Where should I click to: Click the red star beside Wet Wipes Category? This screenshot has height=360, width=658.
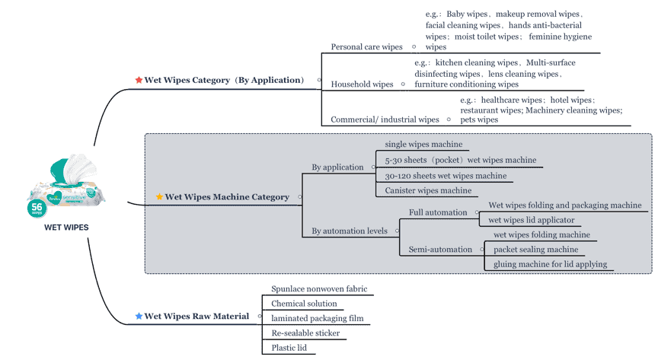tap(139, 80)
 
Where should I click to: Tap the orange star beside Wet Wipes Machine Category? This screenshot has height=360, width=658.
tap(159, 196)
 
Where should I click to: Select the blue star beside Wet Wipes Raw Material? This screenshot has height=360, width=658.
tap(139, 316)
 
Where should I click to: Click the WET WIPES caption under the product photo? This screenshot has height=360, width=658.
tap(66, 228)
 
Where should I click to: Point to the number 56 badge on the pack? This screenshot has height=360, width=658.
tap(37, 209)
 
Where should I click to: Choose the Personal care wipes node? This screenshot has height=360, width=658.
tap(366, 46)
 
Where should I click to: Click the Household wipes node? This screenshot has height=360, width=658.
tap(362, 84)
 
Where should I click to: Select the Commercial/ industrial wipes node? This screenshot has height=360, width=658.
tap(385, 119)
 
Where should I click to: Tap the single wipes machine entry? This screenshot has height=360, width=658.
tap(423, 144)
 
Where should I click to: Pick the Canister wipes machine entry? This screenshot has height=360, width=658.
tap(428, 190)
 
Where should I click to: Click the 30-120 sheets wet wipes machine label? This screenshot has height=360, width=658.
tap(446, 176)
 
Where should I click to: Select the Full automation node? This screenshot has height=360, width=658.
tap(438, 212)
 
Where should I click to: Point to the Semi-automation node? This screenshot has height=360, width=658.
tap(440, 249)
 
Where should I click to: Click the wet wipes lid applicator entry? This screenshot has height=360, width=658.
tap(532, 220)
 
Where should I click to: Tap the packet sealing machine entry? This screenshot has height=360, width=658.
tap(535, 249)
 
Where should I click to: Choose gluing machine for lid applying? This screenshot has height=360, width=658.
tap(550, 264)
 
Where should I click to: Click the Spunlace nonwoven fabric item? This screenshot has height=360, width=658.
tap(319, 288)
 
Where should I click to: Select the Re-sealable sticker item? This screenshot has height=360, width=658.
tap(305, 333)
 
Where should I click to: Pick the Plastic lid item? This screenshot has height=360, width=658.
tap(289, 347)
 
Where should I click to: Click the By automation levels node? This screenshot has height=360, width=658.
tap(349, 231)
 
